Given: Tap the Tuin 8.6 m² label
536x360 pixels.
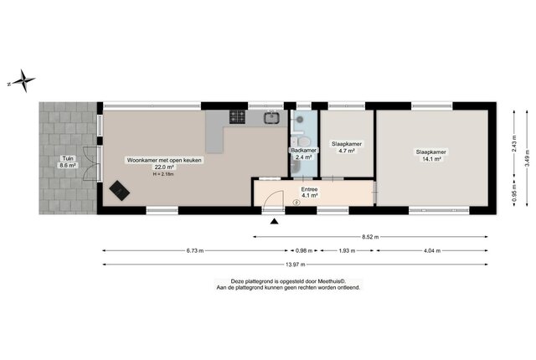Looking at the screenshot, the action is [68, 162].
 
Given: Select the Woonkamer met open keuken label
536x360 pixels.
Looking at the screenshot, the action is [164, 160].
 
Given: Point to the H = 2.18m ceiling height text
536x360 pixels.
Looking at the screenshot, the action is [163, 174].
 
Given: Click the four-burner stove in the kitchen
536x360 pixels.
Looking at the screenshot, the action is [238, 116].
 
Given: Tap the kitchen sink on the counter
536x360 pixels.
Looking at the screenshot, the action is [271, 118].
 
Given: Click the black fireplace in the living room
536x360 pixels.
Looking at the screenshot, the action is [119, 190].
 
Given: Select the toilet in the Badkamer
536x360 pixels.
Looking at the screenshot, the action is [301, 141].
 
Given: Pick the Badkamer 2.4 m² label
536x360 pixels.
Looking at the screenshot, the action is [303, 154].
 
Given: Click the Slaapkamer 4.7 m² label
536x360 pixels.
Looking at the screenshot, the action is [347, 147].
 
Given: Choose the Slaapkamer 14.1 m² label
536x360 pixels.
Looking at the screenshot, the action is [431, 155].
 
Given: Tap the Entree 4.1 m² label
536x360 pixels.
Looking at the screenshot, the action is [309, 193].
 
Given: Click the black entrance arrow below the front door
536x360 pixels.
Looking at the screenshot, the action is [274, 221].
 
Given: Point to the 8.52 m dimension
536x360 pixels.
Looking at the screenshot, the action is [370, 236].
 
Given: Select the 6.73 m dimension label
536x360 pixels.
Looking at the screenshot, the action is [195, 250].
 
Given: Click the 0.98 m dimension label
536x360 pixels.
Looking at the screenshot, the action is [304, 250].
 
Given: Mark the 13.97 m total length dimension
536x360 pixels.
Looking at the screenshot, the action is [296, 264].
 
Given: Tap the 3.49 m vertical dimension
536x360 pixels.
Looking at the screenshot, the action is [527, 158].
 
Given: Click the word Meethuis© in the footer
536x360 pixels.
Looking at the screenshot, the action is [332, 281].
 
